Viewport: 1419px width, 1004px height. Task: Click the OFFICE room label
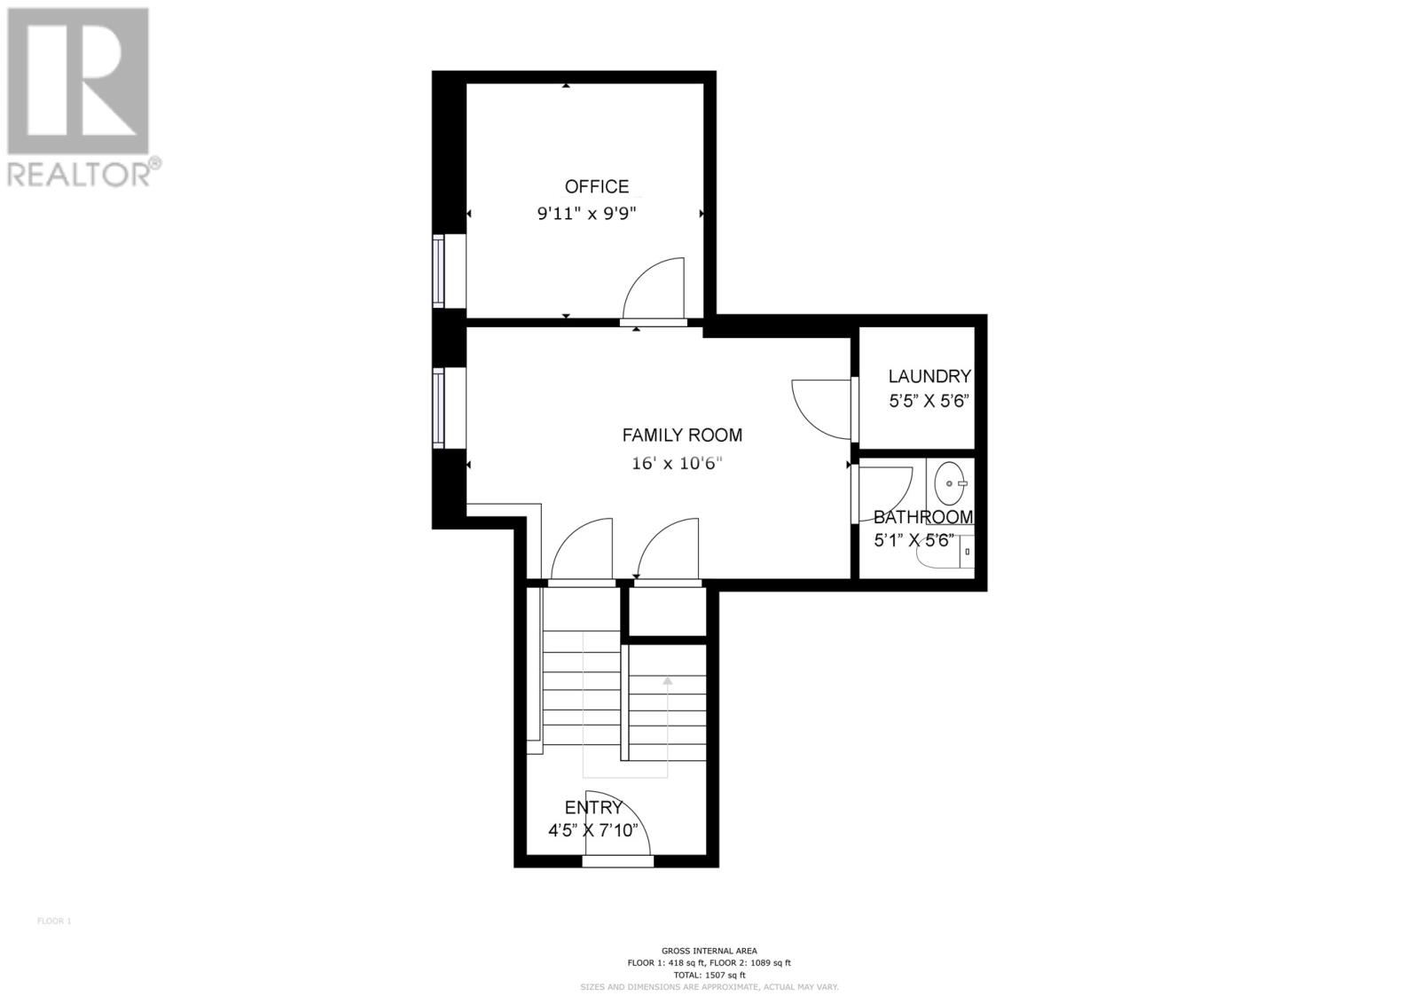pos(596,186)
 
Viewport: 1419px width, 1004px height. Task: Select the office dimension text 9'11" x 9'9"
pos(587,214)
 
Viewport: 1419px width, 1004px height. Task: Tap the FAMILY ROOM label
pos(681,435)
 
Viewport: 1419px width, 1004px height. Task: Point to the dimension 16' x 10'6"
pos(678,463)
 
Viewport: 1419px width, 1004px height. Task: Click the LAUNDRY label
pos(929,376)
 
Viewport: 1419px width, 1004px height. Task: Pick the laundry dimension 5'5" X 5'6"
pos(929,400)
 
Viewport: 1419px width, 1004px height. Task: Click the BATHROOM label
pos(922,517)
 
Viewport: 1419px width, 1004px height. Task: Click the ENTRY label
pos(593,807)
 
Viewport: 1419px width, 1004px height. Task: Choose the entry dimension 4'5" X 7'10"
pos(593,831)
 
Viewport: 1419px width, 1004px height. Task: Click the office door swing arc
pos(655,286)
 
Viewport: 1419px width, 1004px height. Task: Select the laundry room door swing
pos(819,408)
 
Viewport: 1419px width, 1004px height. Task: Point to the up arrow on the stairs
pos(666,681)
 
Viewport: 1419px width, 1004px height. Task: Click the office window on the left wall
pos(438,271)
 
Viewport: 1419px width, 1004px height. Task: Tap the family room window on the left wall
pos(438,408)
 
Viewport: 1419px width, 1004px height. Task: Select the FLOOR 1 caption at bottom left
pos(53,921)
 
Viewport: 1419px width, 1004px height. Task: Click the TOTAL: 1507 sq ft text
pos(709,975)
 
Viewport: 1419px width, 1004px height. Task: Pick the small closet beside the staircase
pos(667,611)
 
